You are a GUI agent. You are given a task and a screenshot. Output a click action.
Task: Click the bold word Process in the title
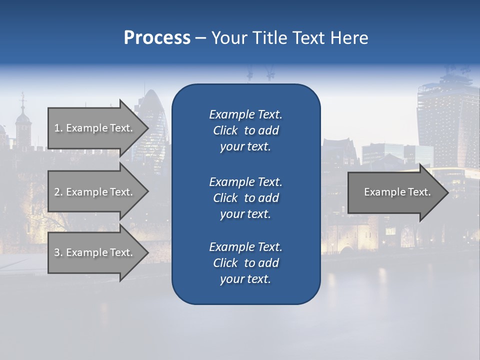click(157, 38)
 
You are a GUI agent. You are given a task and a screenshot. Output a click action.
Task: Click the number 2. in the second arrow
click(58, 192)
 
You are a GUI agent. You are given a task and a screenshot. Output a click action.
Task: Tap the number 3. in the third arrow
click(58, 252)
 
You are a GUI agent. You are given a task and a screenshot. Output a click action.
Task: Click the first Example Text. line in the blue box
click(245, 114)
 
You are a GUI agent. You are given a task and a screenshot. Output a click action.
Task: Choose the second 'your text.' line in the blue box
click(245, 214)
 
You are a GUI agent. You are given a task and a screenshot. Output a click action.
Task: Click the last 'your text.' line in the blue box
click(245, 279)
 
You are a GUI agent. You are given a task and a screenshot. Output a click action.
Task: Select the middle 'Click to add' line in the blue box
click(245, 198)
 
